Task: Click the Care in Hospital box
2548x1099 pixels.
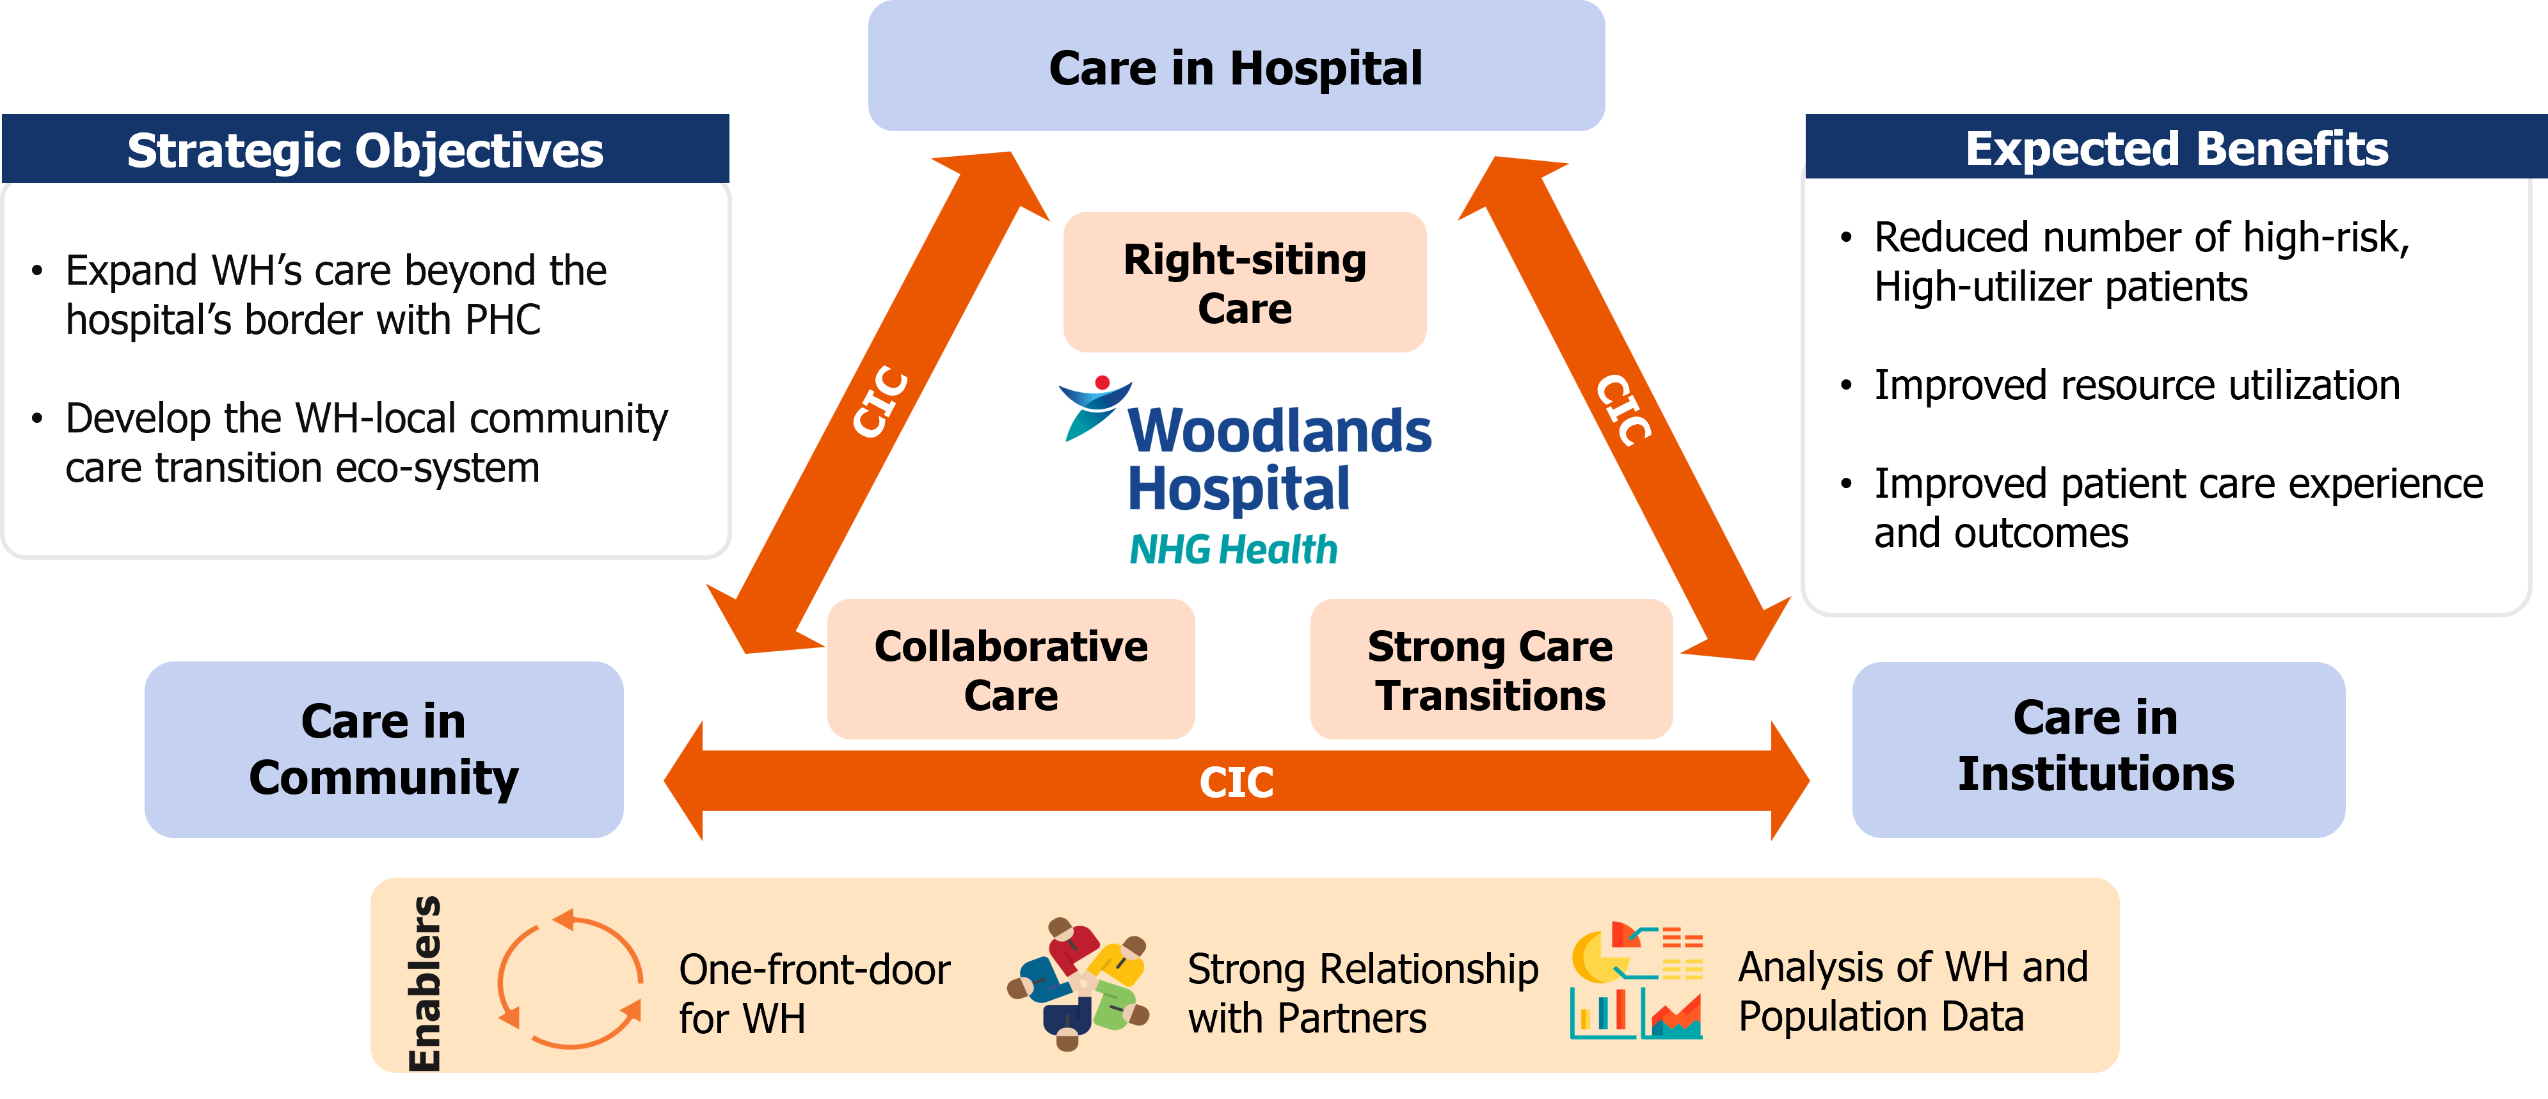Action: [x=1236, y=67]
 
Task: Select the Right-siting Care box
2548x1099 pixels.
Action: [x=1245, y=283]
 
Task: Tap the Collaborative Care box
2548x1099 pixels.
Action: [x=1011, y=670]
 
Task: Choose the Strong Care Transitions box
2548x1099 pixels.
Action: [x=1491, y=670]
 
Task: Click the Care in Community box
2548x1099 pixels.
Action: [x=384, y=749]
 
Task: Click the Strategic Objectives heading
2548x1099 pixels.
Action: [x=365, y=150]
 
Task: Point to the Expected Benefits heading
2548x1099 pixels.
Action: [x=2176, y=148]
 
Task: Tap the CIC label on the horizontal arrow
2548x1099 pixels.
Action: [x=1236, y=782]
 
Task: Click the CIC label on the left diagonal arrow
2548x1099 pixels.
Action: [x=880, y=402]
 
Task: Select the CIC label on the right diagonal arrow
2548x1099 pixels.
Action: [x=1623, y=409]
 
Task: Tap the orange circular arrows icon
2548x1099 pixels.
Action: [x=569, y=978]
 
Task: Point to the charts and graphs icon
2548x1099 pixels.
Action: [x=1637, y=980]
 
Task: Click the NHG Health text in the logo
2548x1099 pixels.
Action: [x=1234, y=549]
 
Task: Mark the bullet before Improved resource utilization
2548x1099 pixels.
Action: [x=1845, y=385]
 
